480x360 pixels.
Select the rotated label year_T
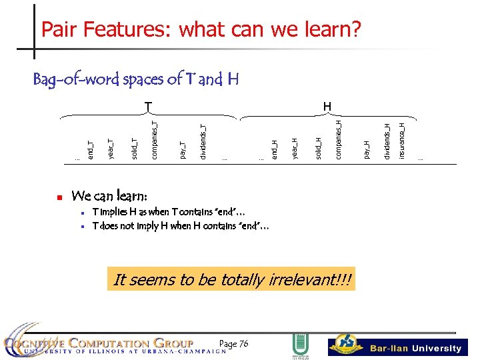coord(111,149)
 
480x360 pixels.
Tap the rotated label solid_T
coord(134,149)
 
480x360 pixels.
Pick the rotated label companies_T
coord(154,139)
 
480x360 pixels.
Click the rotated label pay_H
coord(366,149)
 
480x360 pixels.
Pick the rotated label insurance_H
coord(401,140)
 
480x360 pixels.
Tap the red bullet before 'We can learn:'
coord(59,197)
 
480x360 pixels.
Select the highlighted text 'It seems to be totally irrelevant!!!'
coord(233,279)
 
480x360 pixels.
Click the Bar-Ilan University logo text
coord(415,348)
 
